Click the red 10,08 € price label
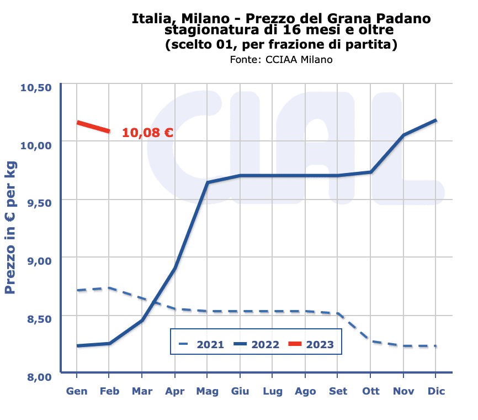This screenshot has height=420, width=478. pyautogui.click(x=147, y=133)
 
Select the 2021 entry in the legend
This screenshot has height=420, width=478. pyautogui.click(x=201, y=344)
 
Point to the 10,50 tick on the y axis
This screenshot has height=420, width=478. pyautogui.click(x=36, y=87)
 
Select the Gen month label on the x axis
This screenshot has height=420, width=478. pyautogui.click(x=77, y=391)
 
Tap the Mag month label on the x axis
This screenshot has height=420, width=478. pyautogui.click(x=207, y=391)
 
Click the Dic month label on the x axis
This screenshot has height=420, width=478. pyautogui.click(x=436, y=391)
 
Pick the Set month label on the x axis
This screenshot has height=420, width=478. pyautogui.click(x=338, y=391)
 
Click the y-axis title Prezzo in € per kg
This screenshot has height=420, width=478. pyautogui.click(x=10, y=227)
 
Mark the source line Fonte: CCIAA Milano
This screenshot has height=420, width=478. pyautogui.click(x=281, y=59)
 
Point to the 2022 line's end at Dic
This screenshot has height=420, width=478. pyautogui.click(x=436, y=120)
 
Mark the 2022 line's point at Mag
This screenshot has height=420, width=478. pyautogui.click(x=208, y=182)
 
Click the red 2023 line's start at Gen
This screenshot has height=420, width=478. pyautogui.click(x=77, y=122)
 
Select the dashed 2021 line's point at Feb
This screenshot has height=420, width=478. pyautogui.click(x=109, y=288)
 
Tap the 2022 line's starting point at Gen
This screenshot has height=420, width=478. pyautogui.click(x=77, y=346)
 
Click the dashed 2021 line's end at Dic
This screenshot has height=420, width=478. pyautogui.click(x=436, y=346)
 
